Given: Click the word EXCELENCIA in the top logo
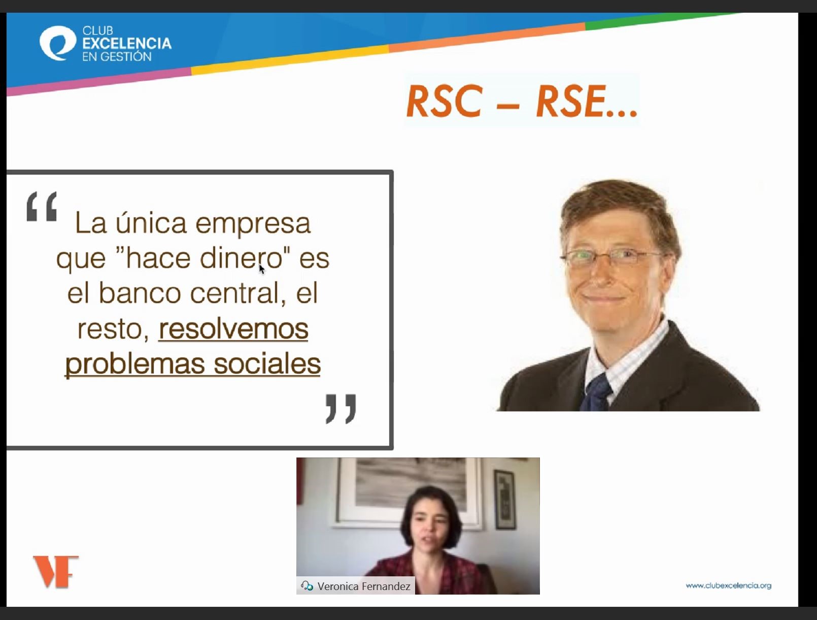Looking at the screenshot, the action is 127,44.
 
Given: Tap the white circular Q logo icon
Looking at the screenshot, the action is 58,43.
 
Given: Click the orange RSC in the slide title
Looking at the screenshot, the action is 445,101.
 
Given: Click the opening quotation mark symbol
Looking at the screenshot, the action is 42,206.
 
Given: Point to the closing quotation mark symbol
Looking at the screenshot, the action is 341,408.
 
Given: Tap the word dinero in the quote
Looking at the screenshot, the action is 241,258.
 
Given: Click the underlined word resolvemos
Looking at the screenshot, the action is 233,329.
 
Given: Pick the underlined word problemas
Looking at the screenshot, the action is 135,364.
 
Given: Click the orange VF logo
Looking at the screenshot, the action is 56,572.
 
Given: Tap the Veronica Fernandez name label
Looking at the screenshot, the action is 364,586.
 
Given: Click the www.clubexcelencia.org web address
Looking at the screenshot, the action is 728,585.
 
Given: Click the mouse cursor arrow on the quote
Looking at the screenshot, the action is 262,269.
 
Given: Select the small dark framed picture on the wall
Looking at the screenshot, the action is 505,499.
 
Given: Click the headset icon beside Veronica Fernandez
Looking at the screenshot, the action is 307,586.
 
